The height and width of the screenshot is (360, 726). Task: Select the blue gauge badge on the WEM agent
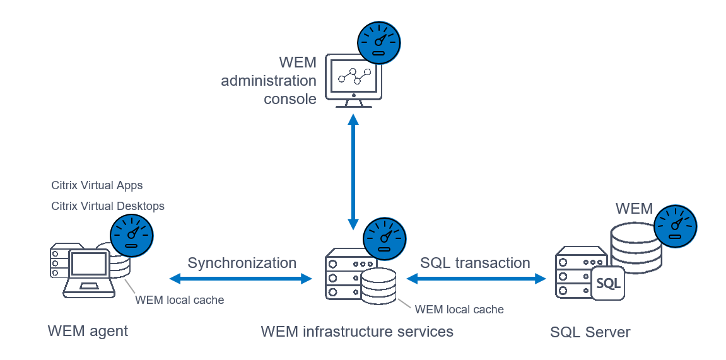(131, 235)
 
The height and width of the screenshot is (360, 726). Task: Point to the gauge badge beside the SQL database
(676, 226)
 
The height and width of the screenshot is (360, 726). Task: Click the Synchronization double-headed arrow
(242, 278)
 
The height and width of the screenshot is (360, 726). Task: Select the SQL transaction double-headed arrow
(476, 278)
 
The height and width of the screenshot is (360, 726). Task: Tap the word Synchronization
(242, 263)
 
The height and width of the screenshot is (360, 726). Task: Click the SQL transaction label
(475, 263)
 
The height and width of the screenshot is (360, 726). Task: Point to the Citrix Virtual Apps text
(97, 185)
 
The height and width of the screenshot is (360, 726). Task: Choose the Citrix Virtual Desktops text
(108, 206)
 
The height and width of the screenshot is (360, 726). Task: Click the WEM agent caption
(88, 330)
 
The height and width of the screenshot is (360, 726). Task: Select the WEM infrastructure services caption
(357, 331)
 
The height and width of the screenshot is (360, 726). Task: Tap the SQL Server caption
(590, 332)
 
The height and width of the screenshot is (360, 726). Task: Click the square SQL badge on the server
(608, 283)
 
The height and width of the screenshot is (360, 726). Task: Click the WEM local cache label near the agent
(180, 300)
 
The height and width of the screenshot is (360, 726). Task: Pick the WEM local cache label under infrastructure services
(459, 310)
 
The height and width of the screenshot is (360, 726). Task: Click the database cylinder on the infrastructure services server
(378, 287)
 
